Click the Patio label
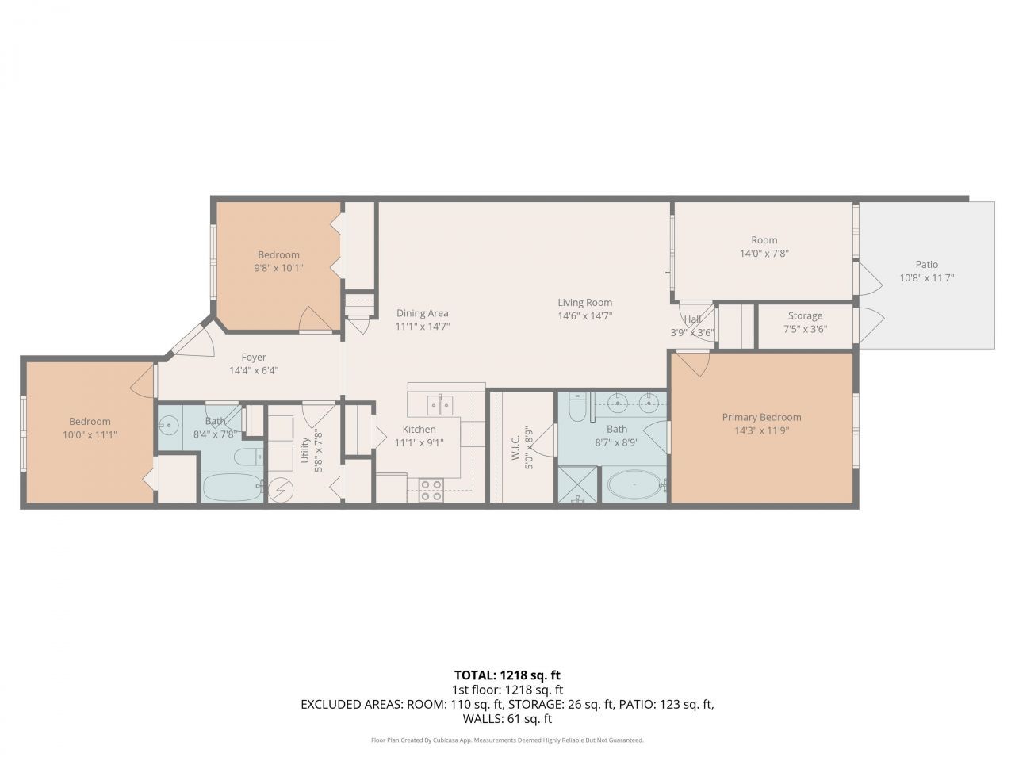[926, 265]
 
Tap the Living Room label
[584, 302]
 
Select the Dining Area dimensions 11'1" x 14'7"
[423, 326]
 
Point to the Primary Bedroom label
[761, 417]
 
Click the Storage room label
[805, 315]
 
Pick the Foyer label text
[254, 358]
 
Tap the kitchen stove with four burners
[431, 490]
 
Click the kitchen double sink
[440, 405]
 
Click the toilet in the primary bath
[578, 407]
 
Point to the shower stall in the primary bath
[579, 484]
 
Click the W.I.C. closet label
[515, 446]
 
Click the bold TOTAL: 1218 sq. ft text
[507, 675]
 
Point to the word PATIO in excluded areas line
[637, 704]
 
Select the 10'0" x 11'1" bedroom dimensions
[90, 434]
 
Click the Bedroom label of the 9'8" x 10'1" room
[278, 254]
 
